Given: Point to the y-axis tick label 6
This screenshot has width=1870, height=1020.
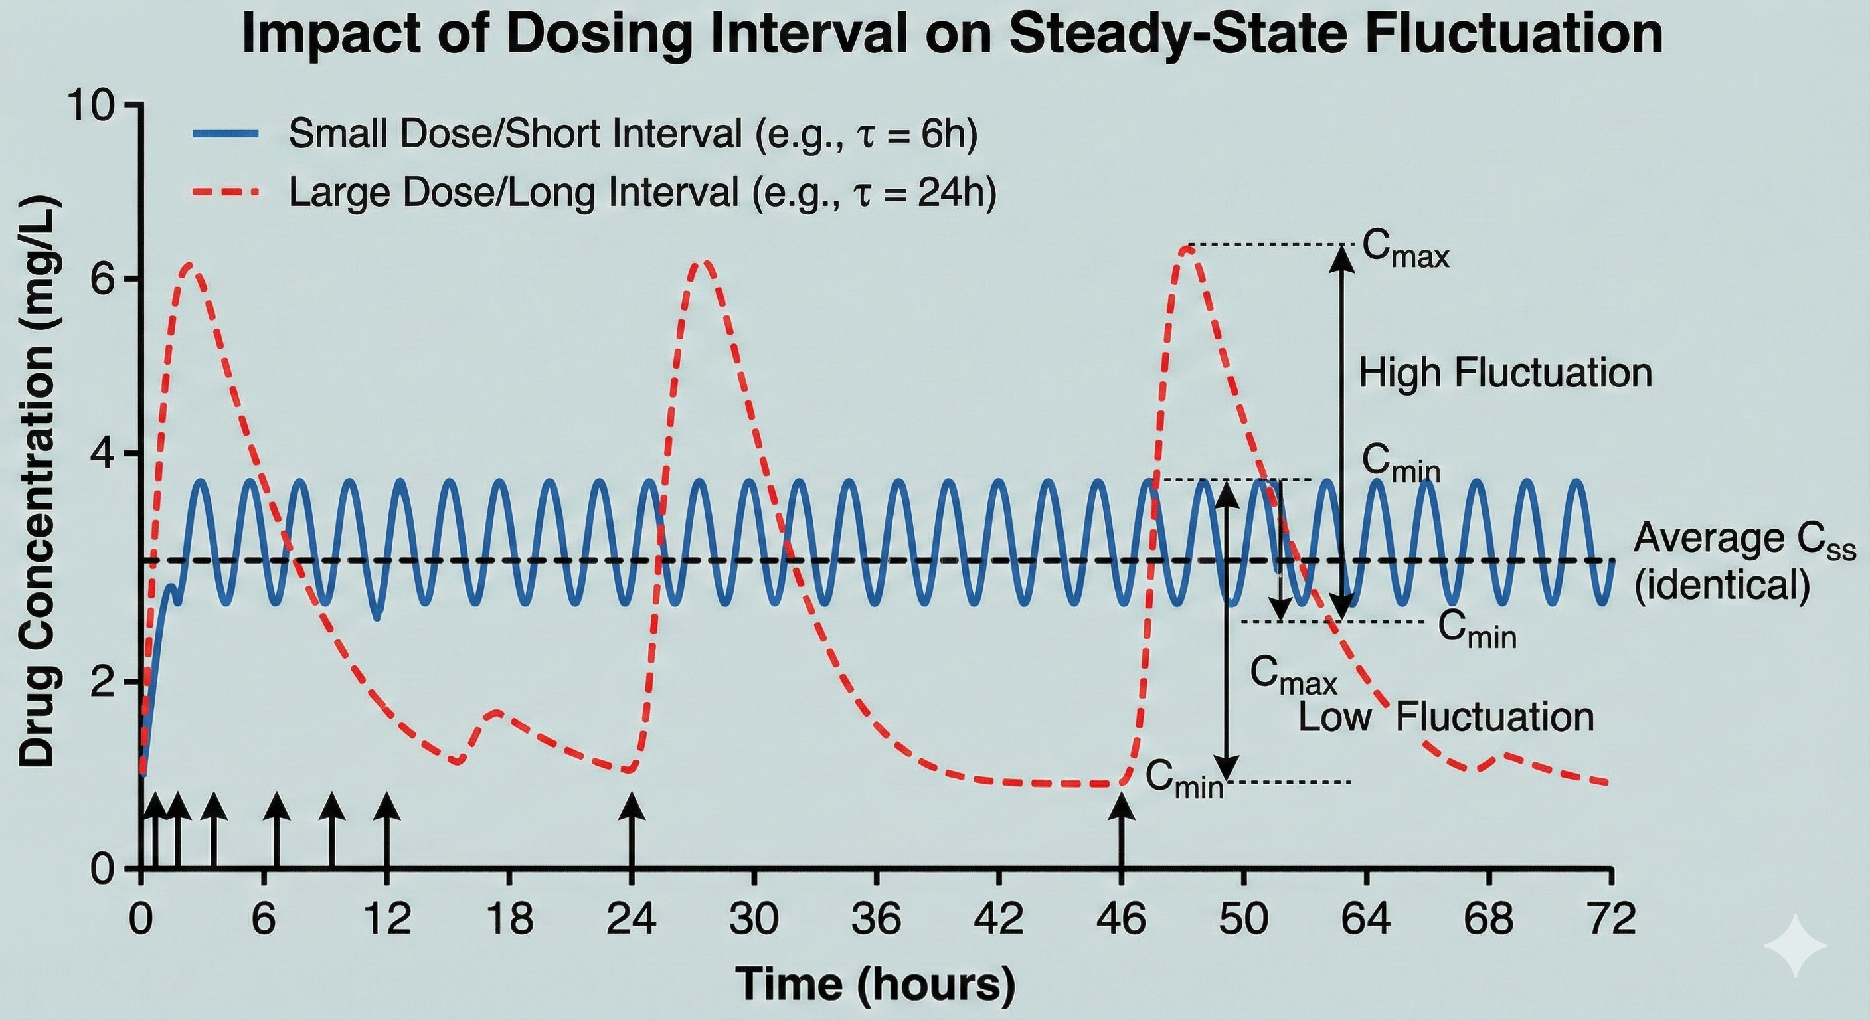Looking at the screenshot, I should coord(103,280).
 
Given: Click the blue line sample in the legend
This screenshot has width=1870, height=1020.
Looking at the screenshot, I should coord(226,133).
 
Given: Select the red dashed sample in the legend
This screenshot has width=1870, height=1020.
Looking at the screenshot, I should coord(226,193).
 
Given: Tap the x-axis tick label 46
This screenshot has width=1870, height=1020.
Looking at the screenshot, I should coord(1122,919).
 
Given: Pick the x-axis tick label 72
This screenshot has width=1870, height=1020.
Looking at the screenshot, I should coord(1611,919).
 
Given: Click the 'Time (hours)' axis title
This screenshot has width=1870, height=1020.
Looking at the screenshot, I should coord(875,984).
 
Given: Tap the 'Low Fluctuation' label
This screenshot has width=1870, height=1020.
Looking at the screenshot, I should coord(1445,717).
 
